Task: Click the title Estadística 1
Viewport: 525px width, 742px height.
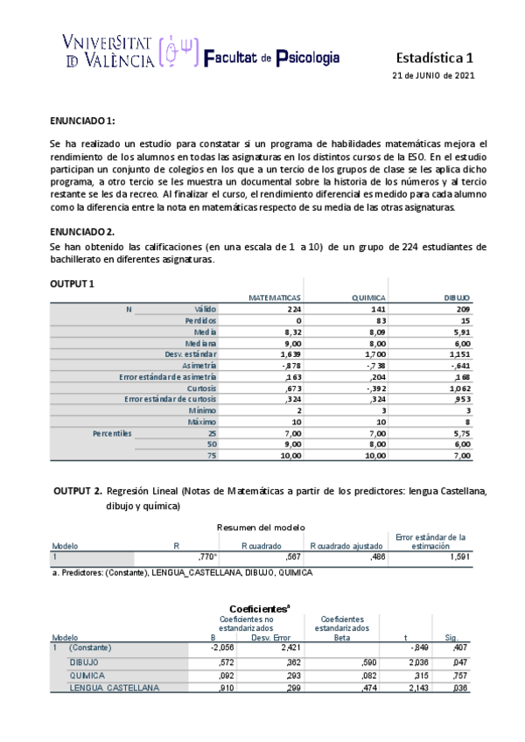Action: coord(435,58)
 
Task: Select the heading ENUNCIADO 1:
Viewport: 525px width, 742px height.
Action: coord(82,120)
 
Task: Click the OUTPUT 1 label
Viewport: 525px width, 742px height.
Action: coord(74,283)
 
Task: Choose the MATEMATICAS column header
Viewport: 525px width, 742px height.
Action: coord(275,297)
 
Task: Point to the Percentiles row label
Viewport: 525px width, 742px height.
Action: coord(112,433)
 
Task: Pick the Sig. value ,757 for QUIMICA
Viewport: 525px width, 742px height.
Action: coord(458,674)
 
